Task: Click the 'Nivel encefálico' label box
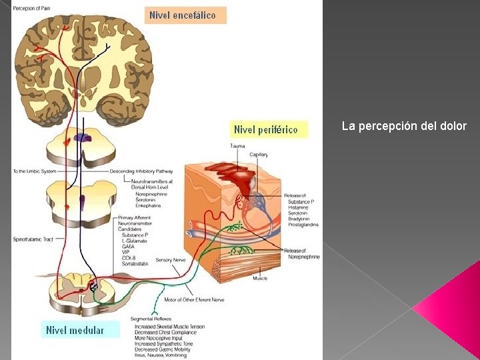(185, 15)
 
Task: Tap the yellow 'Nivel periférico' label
(265, 129)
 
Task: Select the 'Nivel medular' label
(75, 330)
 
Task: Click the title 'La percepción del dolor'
(404, 126)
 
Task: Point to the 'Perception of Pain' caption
(31, 8)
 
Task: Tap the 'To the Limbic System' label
(34, 171)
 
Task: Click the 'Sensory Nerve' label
(171, 260)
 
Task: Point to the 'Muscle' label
(260, 278)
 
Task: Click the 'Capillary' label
(259, 154)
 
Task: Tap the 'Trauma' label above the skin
(237, 146)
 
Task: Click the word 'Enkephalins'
(148, 205)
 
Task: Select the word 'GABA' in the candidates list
(129, 247)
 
